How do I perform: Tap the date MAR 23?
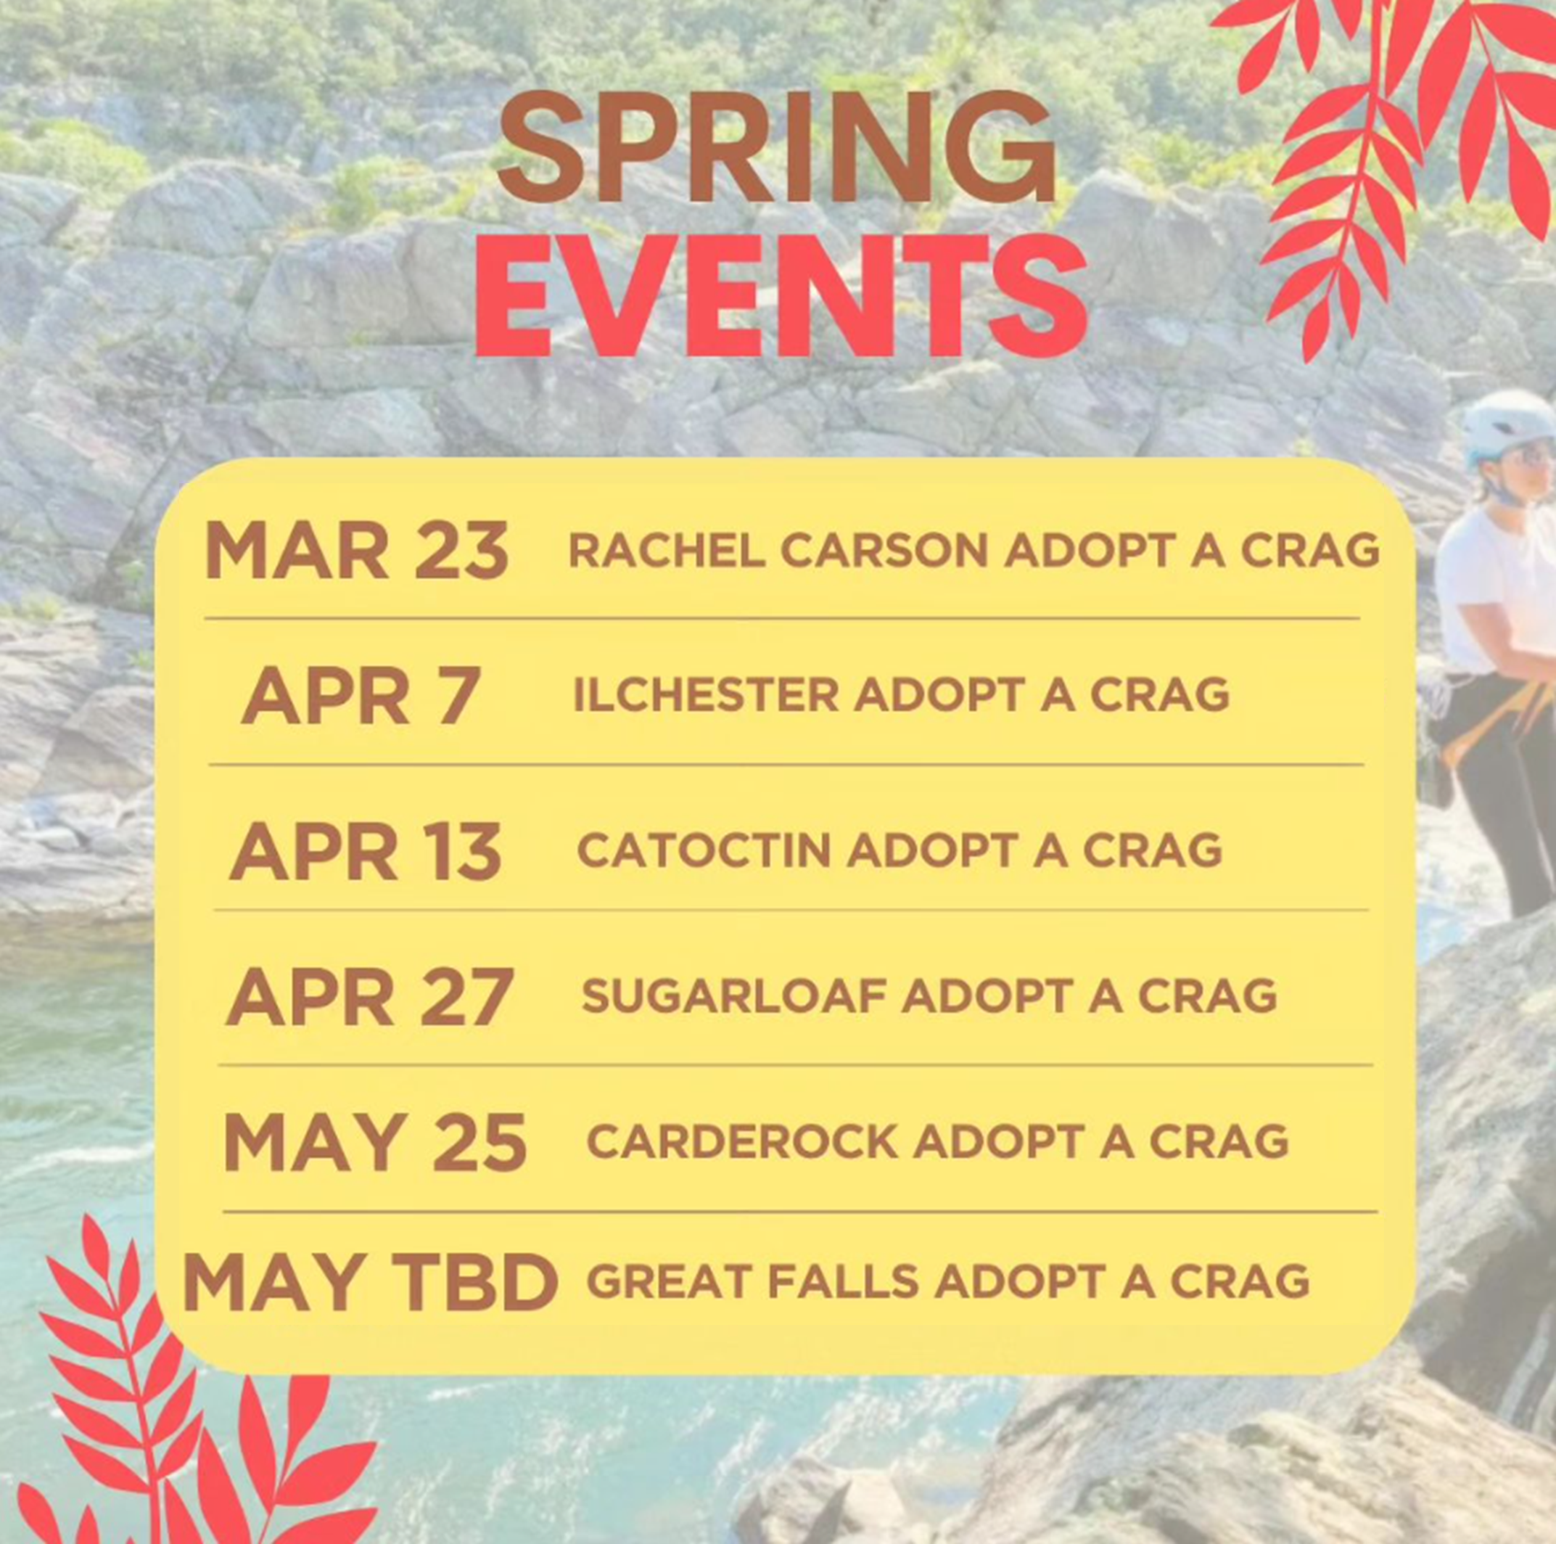(x=357, y=549)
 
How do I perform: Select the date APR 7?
(x=361, y=695)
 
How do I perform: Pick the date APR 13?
(x=366, y=850)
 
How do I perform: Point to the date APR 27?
(x=370, y=996)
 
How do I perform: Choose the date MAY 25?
(x=374, y=1142)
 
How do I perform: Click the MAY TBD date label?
(x=371, y=1281)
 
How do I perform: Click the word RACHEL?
(x=667, y=551)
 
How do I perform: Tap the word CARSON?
(x=884, y=551)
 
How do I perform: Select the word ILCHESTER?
(x=707, y=694)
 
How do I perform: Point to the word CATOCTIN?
(x=704, y=850)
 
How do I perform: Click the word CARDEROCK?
(x=742, y=1141)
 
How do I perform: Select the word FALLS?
(x=843, y=1281)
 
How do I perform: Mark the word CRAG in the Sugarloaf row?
(x=1207, y=995)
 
